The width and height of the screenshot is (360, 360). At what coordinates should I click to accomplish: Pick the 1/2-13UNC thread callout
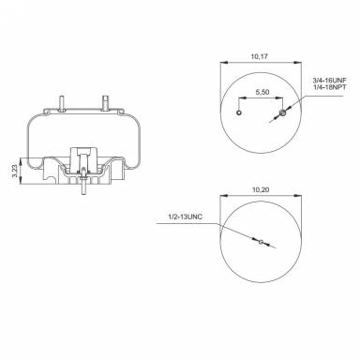coord(182,217)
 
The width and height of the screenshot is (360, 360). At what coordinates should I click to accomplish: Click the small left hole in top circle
coord(240,114)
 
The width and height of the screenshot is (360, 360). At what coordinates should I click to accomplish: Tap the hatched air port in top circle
coord(283,114)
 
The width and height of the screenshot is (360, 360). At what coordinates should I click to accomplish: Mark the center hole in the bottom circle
coord(262,242)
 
